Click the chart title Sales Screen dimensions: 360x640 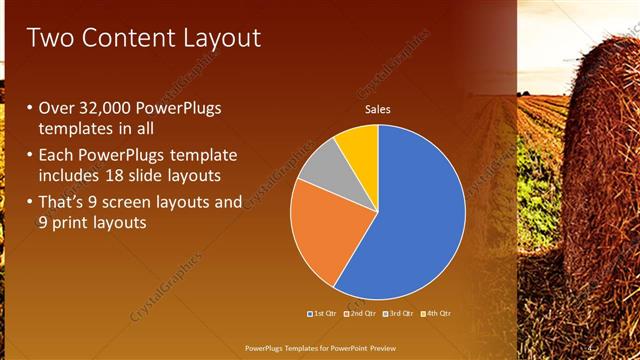tap(377, 109)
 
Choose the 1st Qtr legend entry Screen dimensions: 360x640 tap(324, 314)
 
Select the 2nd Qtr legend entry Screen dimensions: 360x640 tap(360, 314)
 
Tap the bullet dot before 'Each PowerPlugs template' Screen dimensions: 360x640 tap(29, 156)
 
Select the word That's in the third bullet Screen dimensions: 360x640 tap(64, 202)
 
